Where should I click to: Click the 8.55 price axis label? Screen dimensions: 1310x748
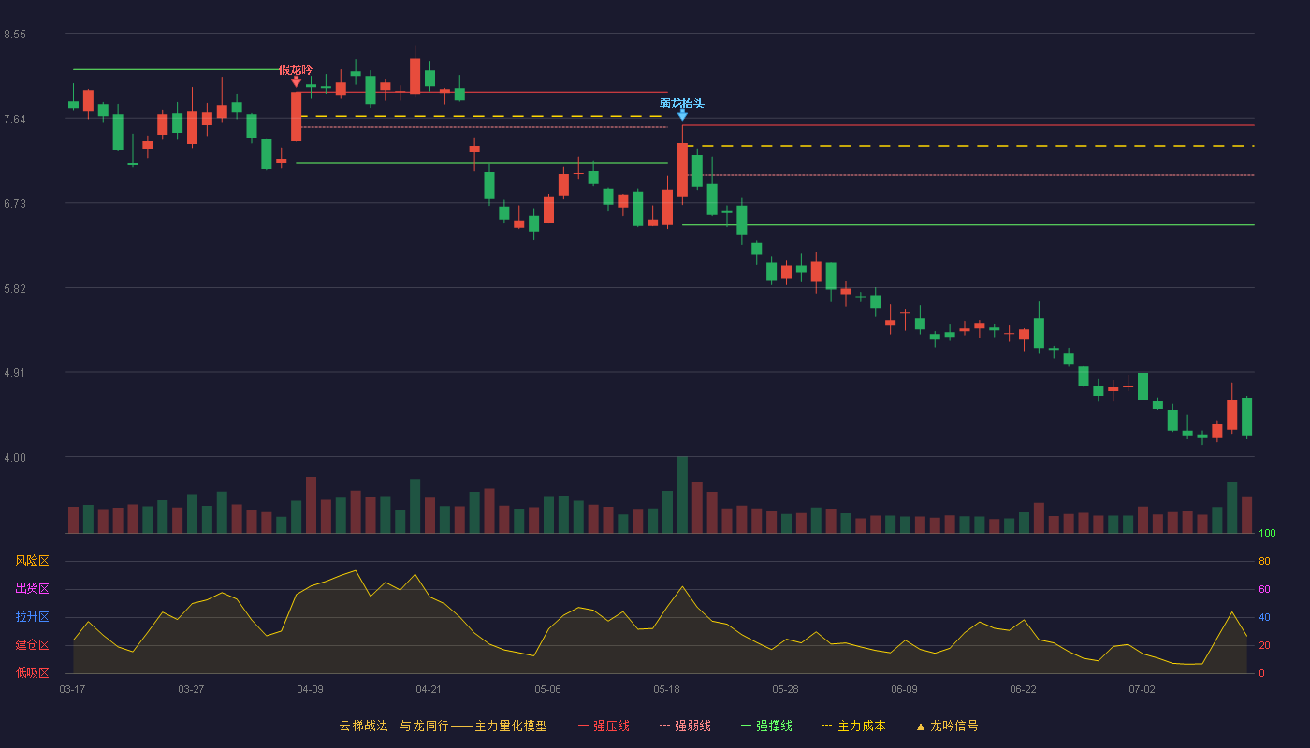(x=15, y=35)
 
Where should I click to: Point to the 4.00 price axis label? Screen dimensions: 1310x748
(x=15, y=458)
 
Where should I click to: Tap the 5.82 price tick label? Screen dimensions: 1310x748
(x=15, y=289)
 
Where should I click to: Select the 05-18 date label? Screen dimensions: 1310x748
(x=666, y=690)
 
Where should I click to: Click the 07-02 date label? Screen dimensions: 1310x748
(x=1142, y=690)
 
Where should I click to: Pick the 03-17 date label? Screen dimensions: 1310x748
(x=72, y=690)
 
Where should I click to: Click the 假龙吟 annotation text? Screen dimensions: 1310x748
(x=296, y=70)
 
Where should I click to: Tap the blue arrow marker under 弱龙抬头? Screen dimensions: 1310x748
(x=682, y=115)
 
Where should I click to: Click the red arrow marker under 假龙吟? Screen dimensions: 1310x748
(x=296, y=82)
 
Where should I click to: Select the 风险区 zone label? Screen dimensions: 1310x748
(x=32, y=561)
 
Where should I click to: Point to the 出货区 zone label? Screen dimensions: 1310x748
(x=32, y=588)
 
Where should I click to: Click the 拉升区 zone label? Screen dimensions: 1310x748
(x=32, y=616)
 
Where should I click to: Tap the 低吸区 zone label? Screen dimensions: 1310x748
(x=32, y=672)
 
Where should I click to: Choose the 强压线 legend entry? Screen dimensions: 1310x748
(x=604, y=726)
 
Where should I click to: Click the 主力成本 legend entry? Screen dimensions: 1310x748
(x=853, y=726)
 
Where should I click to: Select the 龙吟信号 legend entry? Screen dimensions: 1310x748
(x=947, y=726)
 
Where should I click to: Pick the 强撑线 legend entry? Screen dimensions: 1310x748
(x=766, y=726)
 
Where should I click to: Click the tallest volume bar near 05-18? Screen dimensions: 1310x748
(x=682, y=495)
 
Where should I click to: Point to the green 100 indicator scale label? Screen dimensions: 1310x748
(x=1267, y=533)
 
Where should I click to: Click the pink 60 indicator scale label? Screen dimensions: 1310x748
(x=1264, y=589)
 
